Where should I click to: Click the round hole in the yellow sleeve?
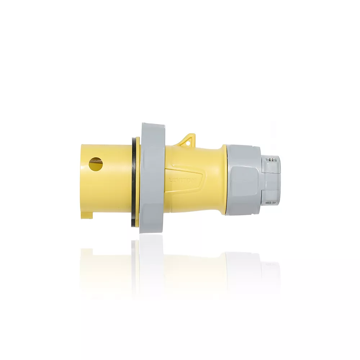[96, 164]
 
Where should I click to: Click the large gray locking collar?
[152, 178]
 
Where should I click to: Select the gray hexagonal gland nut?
[243, 180]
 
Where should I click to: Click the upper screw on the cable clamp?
[273, 159]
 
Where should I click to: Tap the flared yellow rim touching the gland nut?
[224, 180]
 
